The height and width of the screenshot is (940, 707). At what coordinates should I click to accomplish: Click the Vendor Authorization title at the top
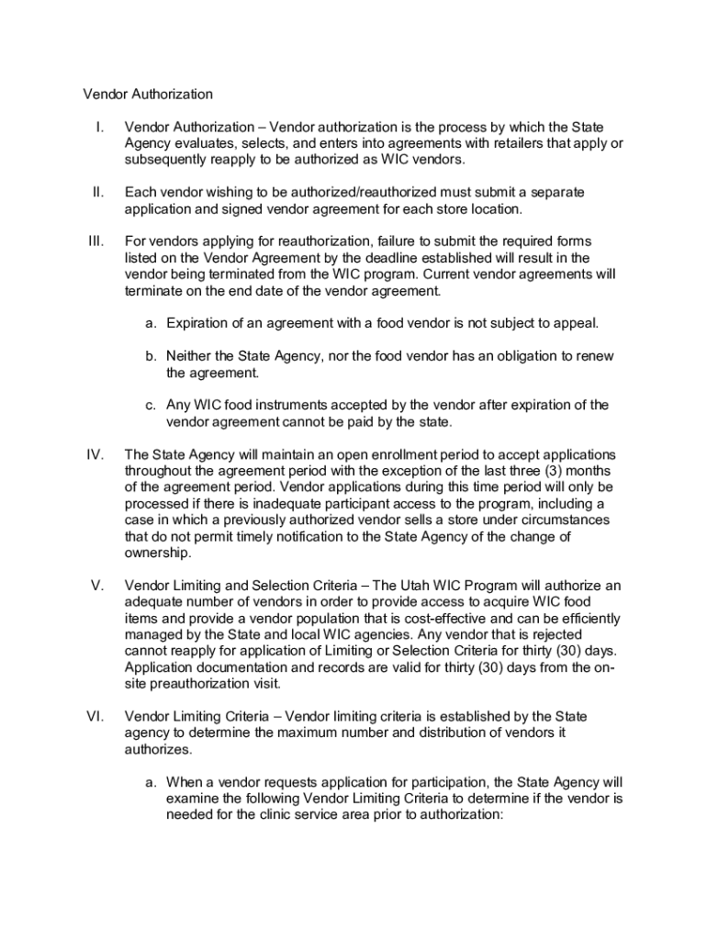pos(148,94)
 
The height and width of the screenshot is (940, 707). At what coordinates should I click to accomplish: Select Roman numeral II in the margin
pos(97,192)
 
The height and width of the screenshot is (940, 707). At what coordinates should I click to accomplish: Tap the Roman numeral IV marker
pos(96,455)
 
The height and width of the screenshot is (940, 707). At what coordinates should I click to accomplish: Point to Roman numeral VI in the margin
pos(95,716)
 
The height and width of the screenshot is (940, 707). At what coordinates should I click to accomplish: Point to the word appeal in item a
pos(576,323)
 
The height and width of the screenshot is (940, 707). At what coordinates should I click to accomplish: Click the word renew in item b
pos(594,356)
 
